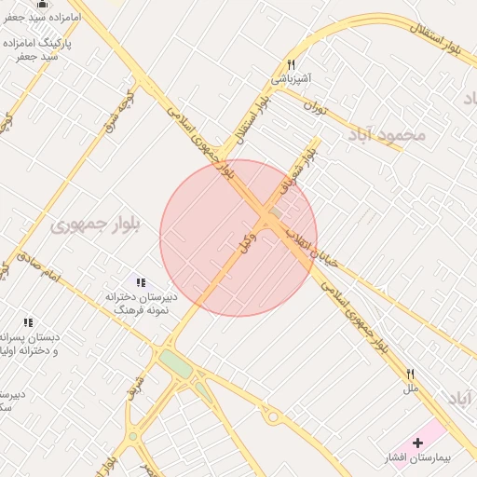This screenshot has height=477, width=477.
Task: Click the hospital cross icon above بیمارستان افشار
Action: click(x=416, y=442)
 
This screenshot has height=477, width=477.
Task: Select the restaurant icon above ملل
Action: click(x=410, y=373)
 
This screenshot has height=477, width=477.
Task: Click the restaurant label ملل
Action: click(x=410, y=388)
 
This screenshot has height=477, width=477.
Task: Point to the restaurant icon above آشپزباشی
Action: click(x=291, y=64)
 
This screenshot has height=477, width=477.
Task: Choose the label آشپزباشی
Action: click(x=291, y=80)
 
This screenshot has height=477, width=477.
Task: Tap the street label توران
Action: click(x=317, y=105)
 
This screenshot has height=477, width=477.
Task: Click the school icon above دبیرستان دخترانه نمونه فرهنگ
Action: click(x=140, y=281)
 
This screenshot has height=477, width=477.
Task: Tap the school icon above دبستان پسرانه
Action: click(x=28, y=322)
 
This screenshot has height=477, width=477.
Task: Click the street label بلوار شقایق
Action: click(x=295, y=173)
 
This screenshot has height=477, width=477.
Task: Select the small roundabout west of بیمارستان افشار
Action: click(x=273, y=417)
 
